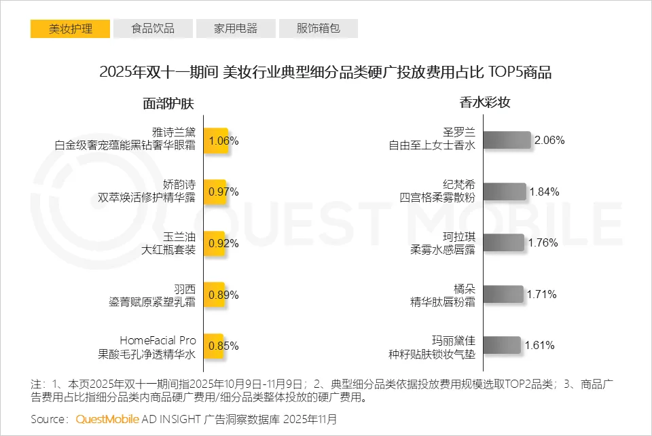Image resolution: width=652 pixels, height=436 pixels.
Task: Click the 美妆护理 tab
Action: point(71,29)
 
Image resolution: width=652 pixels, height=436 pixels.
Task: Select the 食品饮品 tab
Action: point(153,29)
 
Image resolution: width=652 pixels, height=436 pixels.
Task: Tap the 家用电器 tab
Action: point(236,29)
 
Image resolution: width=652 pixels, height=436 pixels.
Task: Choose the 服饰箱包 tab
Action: point(318,29)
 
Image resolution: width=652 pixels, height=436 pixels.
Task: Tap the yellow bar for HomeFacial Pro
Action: point(213,345)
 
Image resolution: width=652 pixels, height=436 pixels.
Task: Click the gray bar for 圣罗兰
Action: point(507,141)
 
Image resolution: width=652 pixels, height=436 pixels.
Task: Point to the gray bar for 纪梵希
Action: point(505,192)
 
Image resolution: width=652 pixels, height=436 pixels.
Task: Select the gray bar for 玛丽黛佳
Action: point(502,345)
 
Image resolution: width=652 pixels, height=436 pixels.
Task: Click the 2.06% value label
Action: point(549,141)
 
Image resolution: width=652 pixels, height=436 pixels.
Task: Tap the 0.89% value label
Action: point(223,294)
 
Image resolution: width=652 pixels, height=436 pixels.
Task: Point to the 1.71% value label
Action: point(542,294)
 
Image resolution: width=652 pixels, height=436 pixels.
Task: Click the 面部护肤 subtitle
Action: point(168,103)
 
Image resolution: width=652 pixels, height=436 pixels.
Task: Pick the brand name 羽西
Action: point(184,287)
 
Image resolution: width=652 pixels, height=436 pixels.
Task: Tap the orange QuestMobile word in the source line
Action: point(107,419)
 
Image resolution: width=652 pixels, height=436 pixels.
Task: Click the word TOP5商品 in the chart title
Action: point(523,73)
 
